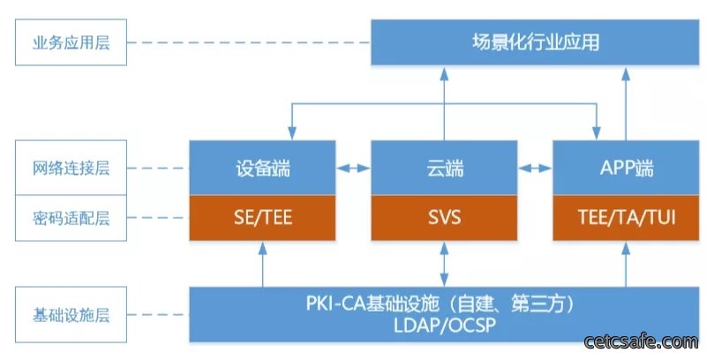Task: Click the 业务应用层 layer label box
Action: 71,42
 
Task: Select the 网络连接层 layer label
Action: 71,168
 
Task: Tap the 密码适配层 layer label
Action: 71,218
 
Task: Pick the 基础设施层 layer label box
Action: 71,314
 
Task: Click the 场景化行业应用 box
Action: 535,42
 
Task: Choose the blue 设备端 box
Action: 262,168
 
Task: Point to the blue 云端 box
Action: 444,168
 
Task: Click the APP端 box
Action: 626,168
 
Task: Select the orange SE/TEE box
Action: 262,218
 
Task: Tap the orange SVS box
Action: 444,218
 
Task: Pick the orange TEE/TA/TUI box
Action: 626,218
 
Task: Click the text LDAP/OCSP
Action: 445,325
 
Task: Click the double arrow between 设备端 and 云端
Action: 353,168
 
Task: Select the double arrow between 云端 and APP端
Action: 535,168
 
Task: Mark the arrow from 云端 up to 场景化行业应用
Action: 444,103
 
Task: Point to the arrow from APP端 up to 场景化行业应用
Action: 626,103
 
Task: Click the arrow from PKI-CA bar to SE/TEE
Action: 262,264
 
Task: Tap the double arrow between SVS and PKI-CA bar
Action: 444,264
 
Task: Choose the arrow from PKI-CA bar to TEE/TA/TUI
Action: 626,264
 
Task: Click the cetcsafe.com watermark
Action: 641,341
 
